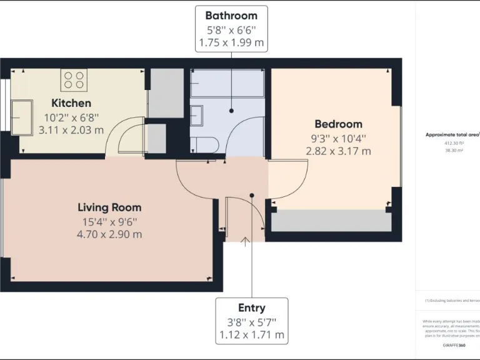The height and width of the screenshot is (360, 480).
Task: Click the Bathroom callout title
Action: point(231,16)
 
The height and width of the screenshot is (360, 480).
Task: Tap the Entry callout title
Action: point(251,307)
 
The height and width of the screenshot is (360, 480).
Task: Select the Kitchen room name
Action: point(71,103)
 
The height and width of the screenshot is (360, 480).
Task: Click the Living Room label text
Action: point(109,207)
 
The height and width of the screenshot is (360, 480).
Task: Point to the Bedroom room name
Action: point(338,124)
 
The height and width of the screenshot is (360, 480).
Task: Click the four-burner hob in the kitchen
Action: point(74,79)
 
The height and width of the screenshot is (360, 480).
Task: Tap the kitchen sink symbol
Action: point(21,116)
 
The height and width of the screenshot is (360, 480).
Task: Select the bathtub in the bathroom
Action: point(227,82)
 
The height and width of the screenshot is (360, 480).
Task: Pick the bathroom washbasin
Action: point(196,116)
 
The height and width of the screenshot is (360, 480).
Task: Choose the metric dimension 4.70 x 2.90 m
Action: point(109,234)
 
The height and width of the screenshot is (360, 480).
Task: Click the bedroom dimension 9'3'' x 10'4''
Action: point(338,137)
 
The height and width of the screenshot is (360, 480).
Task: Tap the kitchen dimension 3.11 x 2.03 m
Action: point(71,130)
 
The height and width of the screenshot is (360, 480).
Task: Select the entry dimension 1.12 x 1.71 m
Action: point(251,335)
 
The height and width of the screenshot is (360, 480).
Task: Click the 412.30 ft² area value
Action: point(452,143)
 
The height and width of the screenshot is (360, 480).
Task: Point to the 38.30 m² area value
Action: point(452,151)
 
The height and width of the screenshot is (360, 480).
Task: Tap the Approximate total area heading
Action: point(452,134)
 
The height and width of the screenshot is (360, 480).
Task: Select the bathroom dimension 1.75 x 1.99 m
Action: point(231,43)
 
